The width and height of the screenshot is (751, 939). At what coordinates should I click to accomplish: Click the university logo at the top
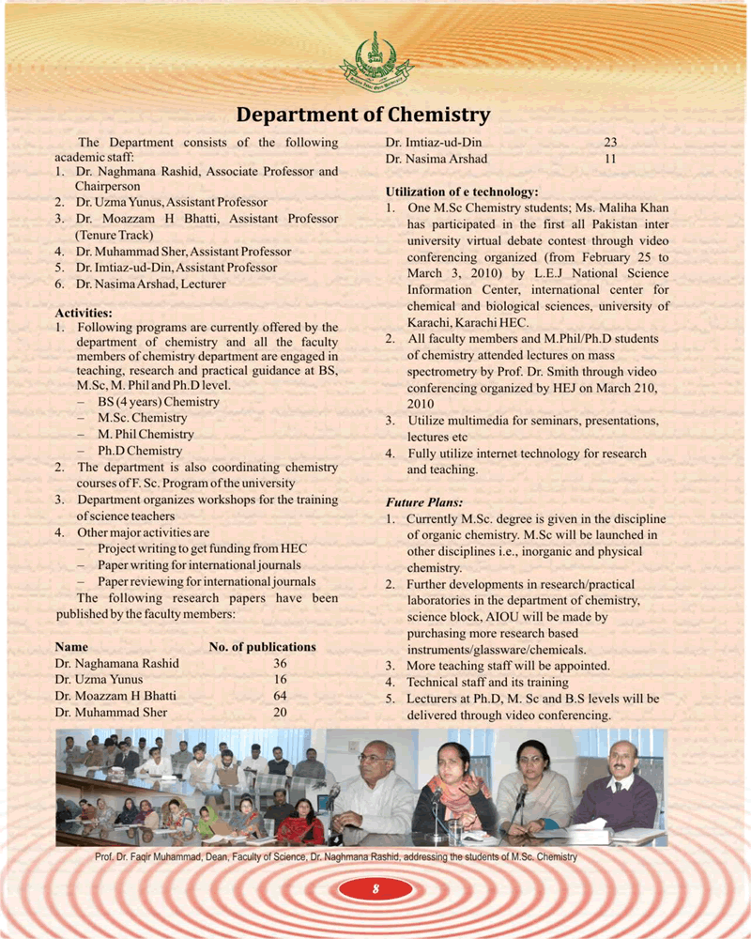[x=375, y=58]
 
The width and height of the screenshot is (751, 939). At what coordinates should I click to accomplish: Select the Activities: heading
[x=84, y=312]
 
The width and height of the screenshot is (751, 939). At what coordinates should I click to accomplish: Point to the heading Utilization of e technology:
[x=461, y=191]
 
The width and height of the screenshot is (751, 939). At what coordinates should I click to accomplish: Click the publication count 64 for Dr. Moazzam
[x=280, y=696]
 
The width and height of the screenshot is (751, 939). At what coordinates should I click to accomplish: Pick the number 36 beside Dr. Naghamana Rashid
[x=280, y=663]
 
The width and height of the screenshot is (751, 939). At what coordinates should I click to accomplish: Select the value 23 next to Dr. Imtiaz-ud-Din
[x=610, y=143]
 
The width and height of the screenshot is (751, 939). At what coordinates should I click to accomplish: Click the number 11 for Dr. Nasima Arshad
[x=610, y=159]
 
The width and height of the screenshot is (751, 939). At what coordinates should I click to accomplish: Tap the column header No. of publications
[x=262, y=647]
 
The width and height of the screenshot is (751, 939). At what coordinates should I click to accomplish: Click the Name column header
[x=71, y=647]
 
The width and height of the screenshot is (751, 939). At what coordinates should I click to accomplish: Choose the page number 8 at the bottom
[x=375, y=889]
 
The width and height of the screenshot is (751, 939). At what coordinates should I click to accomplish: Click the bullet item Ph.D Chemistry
[x=140, y=451]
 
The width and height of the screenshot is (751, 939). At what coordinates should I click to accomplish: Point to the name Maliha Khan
[x=636, y=208]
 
